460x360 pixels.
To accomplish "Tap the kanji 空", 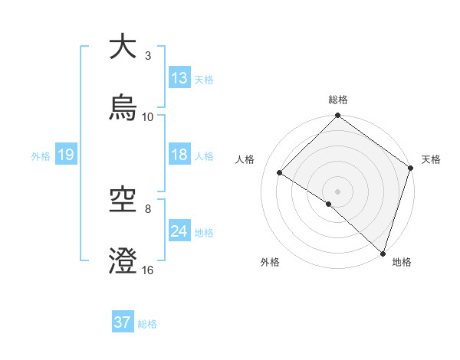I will point(123,201).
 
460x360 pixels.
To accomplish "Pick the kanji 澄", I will point(123,261).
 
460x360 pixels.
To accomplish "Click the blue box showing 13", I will point(179,78).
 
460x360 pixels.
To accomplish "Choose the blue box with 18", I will point(179,155).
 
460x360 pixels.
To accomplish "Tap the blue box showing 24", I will point(179,231).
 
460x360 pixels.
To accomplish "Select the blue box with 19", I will point(65,155).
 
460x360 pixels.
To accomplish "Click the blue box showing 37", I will point(123,322).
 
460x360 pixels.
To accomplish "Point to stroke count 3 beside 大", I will point(148,56).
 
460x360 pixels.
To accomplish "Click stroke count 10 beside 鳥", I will point(148,117).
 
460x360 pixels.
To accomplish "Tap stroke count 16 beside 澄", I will point(148,270).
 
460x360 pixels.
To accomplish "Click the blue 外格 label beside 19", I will point(41,156).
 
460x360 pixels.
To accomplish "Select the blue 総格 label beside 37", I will point(147,324).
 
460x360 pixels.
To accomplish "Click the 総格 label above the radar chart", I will point(338,100).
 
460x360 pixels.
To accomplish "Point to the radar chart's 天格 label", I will point(431,159).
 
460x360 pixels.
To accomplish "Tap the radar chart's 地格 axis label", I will point(402,262).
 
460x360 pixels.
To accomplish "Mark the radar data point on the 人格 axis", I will point(280,173).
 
